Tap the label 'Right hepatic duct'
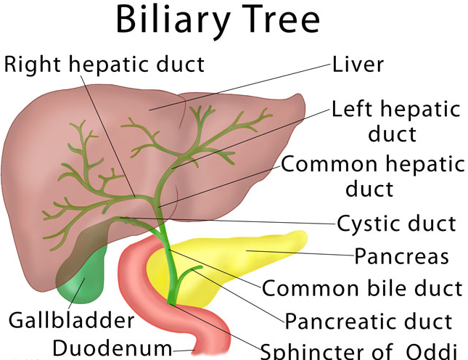[x=104, y=64]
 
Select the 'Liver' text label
[x=358, y=64]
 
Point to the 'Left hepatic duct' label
[x=395, y=120]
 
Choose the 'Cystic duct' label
[x=396, y=224]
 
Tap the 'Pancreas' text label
[x=401, y=256]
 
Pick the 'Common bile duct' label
[x=361, y=288]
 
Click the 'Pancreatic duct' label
[x=368, y=321]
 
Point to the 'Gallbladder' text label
[x=71, y=319]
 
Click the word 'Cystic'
[x=366, y=224]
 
